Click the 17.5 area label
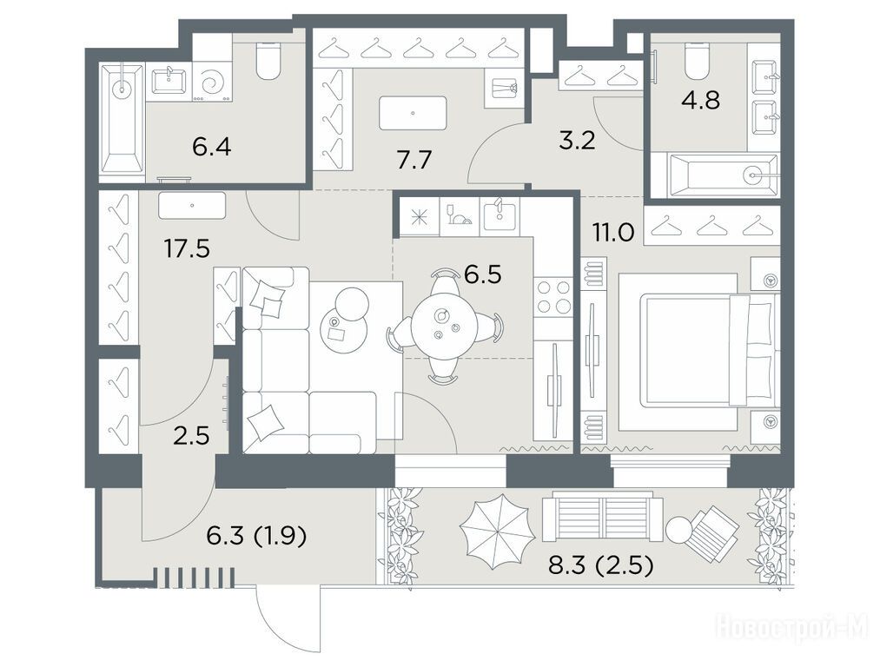pyautogui.click(x=188, y=248)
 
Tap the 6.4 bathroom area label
pyautogui.click(x=212, y=148)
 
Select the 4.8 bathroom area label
pyautogui.click(x=701, y=101)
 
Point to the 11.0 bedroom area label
pyautogui.click(x=613, y=232)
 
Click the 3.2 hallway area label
pyautogui.click(x=577, y=140)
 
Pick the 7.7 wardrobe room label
pyautogui.click(x=414, y=161)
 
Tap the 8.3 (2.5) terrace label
pyautogui.click(x=600, y=566)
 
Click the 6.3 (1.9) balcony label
pyautogui.click(x=256, y=537)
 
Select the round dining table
pyautogui.click(x=444, y=326)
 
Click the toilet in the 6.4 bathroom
pyautogui.click(x=268, y=61)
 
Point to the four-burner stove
pyautogui.click(x=553, y=298)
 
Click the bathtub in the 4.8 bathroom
pyautogui.click(x=725, y=175)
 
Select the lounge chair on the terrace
pyautogui.click(x=711, y=531)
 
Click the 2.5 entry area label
pyautogui.click(x=191, y=435)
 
